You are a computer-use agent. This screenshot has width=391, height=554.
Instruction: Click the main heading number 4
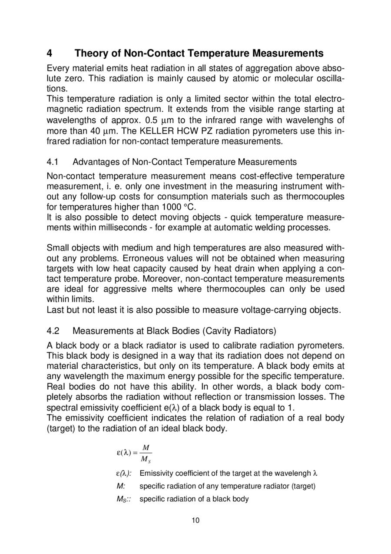50,53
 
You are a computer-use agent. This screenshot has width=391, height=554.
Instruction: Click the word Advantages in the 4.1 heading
95,162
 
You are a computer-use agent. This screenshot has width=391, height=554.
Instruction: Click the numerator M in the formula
146,448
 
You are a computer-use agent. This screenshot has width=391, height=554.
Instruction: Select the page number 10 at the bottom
195,521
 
